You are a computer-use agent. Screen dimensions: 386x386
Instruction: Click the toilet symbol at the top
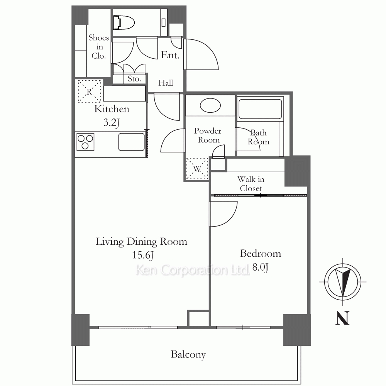pyautogui.click(x=124, y=23)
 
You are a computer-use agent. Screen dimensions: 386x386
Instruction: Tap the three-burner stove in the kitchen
pyautogui.click(x=85, y=142)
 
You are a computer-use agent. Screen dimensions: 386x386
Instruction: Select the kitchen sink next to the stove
pyautogui.click(x=132, y=142)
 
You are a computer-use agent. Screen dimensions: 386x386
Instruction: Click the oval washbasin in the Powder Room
pyautogui.click(x=210, y=106)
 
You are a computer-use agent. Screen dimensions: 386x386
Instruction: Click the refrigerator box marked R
pyautogui.click(x=89, y=91)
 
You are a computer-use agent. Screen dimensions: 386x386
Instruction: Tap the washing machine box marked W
pyautogui.click(x=197, y=169)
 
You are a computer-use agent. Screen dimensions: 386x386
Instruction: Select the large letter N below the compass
pyautogui.click(x=343, y=318)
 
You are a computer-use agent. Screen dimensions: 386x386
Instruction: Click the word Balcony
pyautogui.click(x=188, y=355)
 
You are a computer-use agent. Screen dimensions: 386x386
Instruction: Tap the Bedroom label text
pyautogui.click(x=261, y=254)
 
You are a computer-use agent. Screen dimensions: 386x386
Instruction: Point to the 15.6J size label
pyautogui.click(x=143, y=255)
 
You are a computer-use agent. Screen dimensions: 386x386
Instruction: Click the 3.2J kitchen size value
pyautogui.click(x=112, y=122)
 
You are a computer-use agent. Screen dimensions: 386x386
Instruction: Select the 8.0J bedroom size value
pyautogui.click(x=260, y=267)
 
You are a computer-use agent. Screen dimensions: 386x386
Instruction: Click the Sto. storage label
pyautogui.click(x=134, y=79)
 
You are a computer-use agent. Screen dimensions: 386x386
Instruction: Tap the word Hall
pyautogui.click(x=166, y=83)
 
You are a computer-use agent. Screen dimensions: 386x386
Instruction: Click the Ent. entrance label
pyautogui.click(x=170, y=55)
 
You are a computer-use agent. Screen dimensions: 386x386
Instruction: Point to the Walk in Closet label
pyautogui.click(x=251, y=184)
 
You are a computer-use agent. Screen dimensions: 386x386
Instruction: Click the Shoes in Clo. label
pyautogui.click(x=99, y=47)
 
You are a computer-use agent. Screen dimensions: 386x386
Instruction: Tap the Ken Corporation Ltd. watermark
pyautogui.click(x=193, y=270)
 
